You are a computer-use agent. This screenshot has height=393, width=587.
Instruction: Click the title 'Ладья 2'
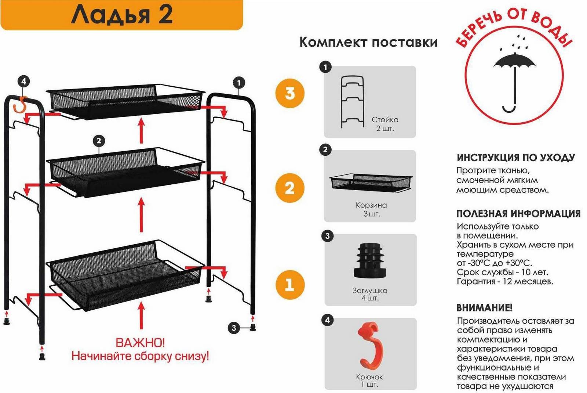(x=122, y=15)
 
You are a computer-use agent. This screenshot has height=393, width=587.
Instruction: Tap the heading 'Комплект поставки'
(x=368, y=42)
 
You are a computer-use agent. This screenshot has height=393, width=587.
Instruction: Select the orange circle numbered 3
(x=290, y=93)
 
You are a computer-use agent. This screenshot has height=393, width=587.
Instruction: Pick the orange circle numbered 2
(x=290, y=188)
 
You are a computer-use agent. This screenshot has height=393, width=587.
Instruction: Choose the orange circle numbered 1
(x=290, y=285)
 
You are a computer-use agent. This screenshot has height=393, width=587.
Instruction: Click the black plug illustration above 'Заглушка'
(x=369, y=260)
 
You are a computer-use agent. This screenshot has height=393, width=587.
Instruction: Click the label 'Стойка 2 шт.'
(x=385, y=124)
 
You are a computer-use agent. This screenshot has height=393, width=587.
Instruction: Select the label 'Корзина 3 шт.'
(x=371, y=209)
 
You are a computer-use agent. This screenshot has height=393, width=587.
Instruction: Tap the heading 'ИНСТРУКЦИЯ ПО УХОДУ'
(x=516, y=158)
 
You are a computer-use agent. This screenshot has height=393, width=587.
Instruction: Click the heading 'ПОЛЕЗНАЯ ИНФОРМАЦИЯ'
(x=518, y=213)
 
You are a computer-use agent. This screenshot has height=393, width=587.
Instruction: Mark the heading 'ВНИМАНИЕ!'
(x=485, y=307)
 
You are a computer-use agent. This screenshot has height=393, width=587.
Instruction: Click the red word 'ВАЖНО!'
(x=141, y=343)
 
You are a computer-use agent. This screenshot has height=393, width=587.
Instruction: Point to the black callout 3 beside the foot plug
(x=233, y=328)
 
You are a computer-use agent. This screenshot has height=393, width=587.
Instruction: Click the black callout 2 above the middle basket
(x=99, y=141)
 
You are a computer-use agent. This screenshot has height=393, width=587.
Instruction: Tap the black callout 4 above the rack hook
(x=23, y=82)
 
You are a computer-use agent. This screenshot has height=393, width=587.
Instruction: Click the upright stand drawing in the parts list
(x=353, y=102)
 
